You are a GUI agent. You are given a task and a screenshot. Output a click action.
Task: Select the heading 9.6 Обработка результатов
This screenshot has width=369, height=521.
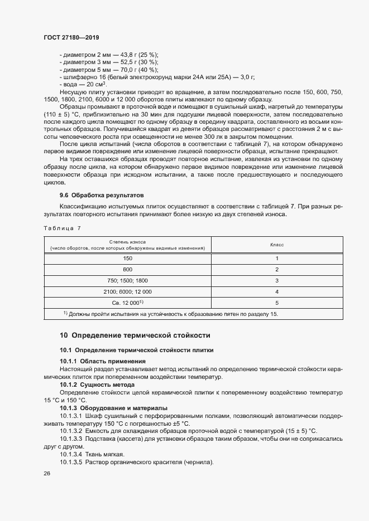(102, 196)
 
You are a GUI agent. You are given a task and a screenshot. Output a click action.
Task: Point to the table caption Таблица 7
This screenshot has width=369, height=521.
(62, 228)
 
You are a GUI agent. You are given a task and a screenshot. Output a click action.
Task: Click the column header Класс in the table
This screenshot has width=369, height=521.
(276, 245)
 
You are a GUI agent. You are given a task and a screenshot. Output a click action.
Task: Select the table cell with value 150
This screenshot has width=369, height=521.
(128, 259)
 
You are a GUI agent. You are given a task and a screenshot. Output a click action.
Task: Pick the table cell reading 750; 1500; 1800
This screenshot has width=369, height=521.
(128, 280)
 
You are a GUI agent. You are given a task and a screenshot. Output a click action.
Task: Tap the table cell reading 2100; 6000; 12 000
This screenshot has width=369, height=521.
(128, 291)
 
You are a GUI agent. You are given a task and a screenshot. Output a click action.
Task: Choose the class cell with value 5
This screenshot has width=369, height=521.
(276, 303)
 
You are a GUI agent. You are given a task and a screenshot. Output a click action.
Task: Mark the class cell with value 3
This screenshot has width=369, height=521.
(276, 280)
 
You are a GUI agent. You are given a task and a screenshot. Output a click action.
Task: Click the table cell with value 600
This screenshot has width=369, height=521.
(128, 270)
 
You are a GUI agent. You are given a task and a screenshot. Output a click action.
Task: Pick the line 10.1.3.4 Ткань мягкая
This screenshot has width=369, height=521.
(92, 455)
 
